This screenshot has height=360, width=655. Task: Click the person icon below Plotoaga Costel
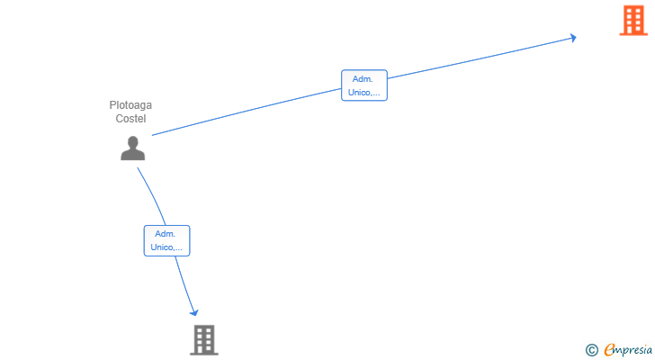(x=133, y=148)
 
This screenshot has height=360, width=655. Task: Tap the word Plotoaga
(x=130, y=105)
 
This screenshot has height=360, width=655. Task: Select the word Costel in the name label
(x=130, y=119)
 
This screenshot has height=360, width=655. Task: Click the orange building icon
(x=633, y=20)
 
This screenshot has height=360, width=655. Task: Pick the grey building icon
(x=204, y=340)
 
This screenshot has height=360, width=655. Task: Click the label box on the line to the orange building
(x=364, y=85)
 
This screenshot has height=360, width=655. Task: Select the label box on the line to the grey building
(x=166, y=240)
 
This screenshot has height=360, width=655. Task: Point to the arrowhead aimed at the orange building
(x=573, y=38)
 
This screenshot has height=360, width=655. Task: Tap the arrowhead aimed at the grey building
(x=193, y=312)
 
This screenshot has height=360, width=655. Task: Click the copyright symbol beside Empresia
(x=591, y=350)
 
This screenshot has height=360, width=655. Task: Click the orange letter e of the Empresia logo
(x=609, y=349)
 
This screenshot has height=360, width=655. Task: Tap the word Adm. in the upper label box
(x=363, y=79)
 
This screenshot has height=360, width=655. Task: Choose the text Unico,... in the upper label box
(x=363, y=93)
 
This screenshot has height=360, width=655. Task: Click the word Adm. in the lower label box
(x=165, y=234)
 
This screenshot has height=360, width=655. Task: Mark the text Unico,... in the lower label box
(x=166, y=247)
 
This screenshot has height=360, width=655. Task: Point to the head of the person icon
(x=133, y=142)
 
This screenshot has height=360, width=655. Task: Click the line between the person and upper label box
(x=247, y=112)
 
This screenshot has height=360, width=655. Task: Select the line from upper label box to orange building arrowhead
(x=480, y=58)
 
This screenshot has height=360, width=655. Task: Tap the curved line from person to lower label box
(x=153, y=195)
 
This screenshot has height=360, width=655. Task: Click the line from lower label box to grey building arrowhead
(x=184, y=284)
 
